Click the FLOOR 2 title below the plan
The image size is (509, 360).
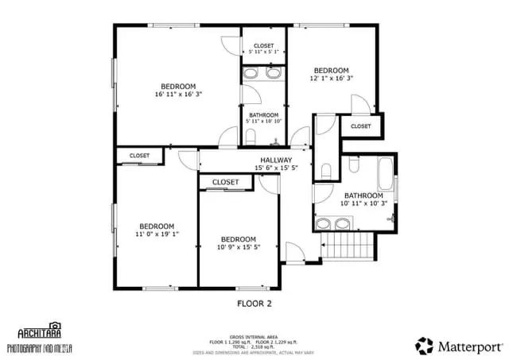click(x=254, y=304)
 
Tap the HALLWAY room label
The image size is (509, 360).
click(x=276, y=160)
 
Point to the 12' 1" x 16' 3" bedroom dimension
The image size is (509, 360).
click(x=331, y=79)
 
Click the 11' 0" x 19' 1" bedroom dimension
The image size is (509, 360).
click(x=156, y=234)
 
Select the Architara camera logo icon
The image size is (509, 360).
click(x=54, y=326)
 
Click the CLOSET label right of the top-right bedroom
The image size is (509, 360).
click(x=360, y=126)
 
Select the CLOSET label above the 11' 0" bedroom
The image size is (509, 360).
click(x=139, y=156)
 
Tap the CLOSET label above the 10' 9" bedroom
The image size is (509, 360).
click(x=226, y=182)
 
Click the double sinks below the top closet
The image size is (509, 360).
click(x=262, y=74)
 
